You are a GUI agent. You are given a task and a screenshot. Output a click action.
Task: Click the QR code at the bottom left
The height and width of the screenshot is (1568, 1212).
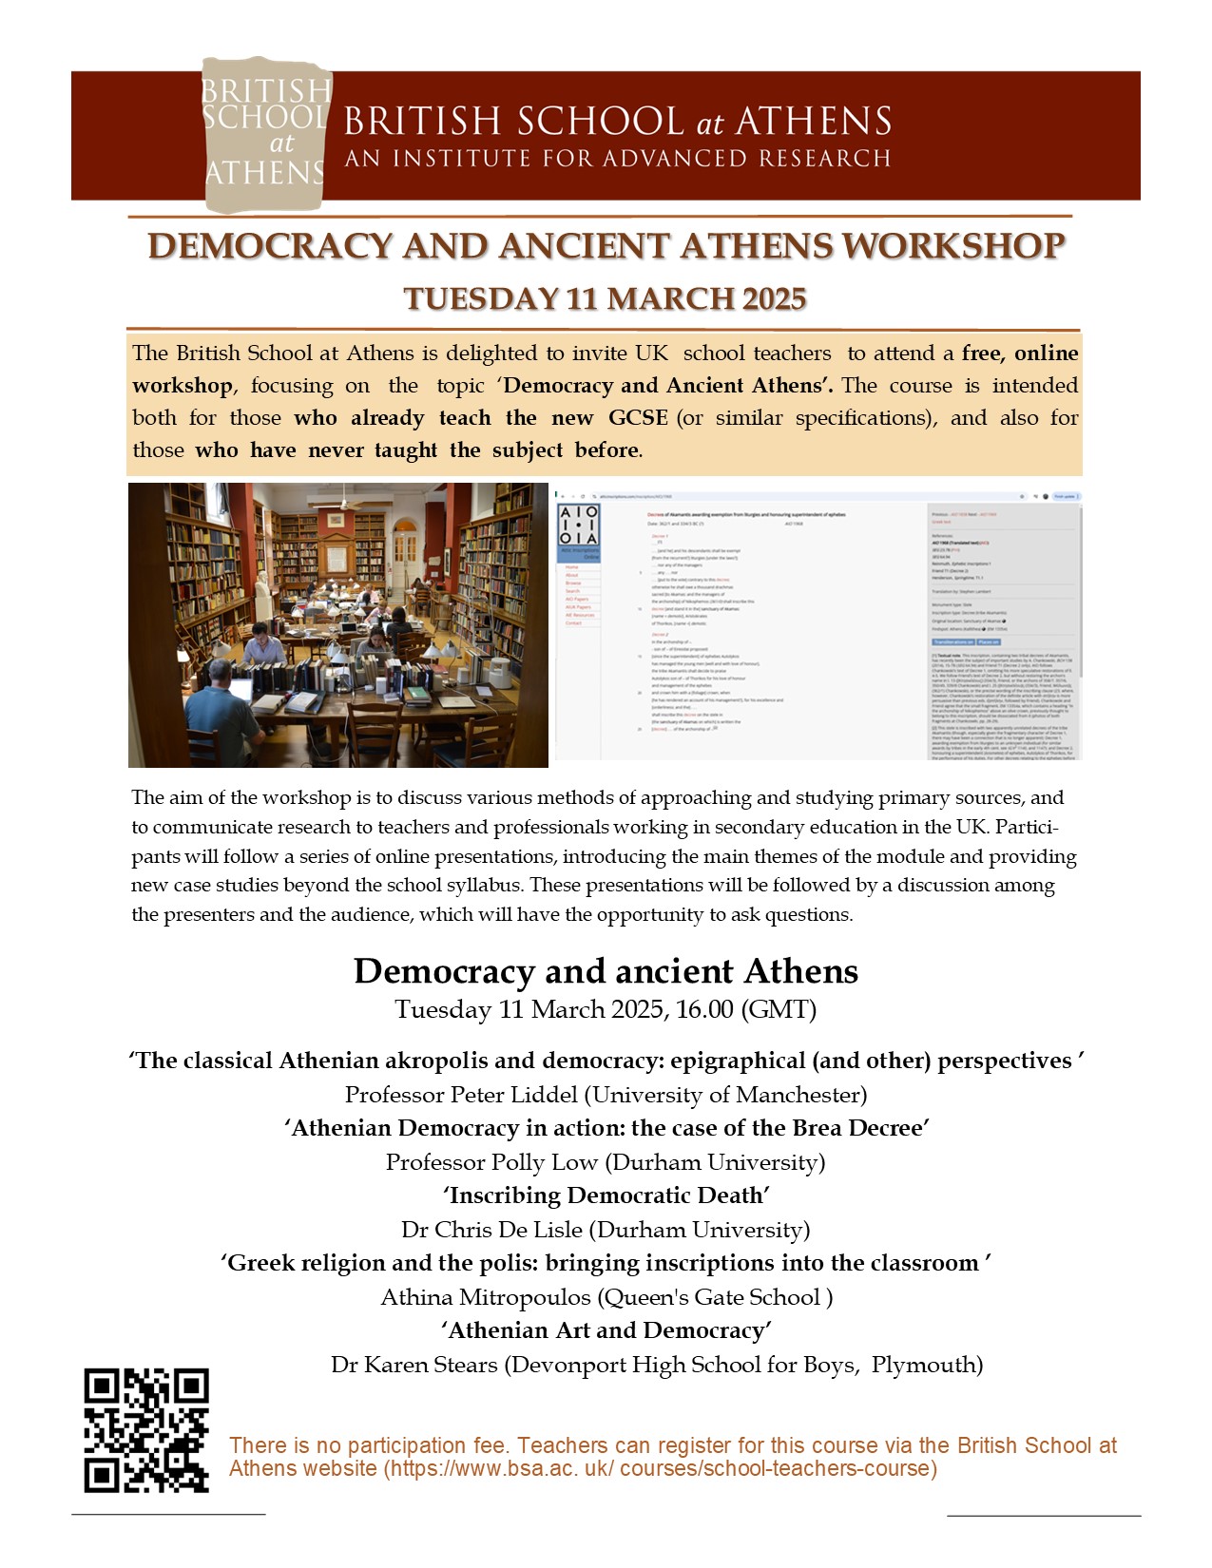(146, 1430)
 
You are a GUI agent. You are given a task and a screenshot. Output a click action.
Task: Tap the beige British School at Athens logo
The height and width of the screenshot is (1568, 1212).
(265, 133)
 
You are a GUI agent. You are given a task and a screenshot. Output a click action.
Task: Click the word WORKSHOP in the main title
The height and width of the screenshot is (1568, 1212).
(953, 246)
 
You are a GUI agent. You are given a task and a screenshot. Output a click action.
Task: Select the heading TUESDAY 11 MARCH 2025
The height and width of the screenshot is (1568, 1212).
(606, 298)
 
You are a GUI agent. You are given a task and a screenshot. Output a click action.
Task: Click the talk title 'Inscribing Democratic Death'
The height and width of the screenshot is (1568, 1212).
(606, 1195)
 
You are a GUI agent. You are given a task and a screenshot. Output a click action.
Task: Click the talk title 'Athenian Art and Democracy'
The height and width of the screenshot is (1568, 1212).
(606, 1330)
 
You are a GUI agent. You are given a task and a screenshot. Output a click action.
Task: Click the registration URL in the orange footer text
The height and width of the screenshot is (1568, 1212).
(660, 1468)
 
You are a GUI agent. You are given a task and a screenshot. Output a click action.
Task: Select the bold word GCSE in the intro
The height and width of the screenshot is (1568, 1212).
(638, 418)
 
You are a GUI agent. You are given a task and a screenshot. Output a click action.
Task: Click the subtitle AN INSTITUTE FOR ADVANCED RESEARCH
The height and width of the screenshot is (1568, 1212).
(618, 158)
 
